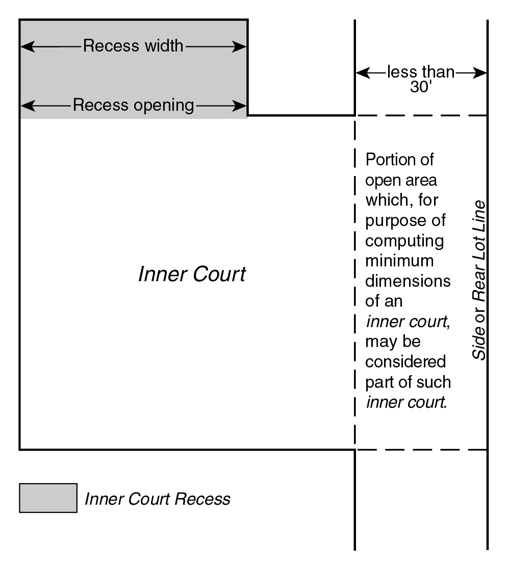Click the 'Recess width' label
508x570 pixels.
pos(133,46)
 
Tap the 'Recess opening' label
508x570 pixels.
pos(134,106)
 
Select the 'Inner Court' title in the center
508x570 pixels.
pos(192,275)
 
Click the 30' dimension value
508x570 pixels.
pos(421,87)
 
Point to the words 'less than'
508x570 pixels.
pos(421,72)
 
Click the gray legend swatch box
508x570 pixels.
pos(48,498)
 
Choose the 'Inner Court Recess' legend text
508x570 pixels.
pos(157,499)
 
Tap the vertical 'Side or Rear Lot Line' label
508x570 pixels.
pos(478,280)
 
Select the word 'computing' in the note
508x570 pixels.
pos(404,240)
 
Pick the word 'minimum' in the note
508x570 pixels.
pos(399,261)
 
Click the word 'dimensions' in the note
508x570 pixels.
pos(408,281)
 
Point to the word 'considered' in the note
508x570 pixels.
pos(406,361)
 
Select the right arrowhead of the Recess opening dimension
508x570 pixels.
pos(242,106)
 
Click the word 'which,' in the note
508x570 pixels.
pos(384,201)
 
